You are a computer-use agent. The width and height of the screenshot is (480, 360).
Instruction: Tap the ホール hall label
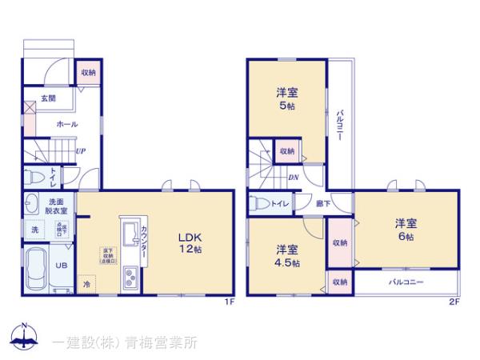coord(66,125)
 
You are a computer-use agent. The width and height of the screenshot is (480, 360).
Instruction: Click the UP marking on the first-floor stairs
coord(81,150)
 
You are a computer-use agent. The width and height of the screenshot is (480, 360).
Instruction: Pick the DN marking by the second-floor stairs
coord(294,178)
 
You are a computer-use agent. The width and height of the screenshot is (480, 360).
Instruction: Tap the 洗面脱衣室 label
coord(58,206)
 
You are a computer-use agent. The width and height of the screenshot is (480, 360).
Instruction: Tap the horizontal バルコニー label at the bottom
coord(406,282)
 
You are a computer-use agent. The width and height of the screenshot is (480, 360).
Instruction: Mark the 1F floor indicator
coord(228,302)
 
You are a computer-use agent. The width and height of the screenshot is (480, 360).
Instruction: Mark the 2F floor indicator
coord(454,302)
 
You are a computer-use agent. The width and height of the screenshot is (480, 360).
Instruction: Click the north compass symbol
coord(24,338)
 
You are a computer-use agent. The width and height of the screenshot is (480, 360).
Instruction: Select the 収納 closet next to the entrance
coord(88,73)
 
